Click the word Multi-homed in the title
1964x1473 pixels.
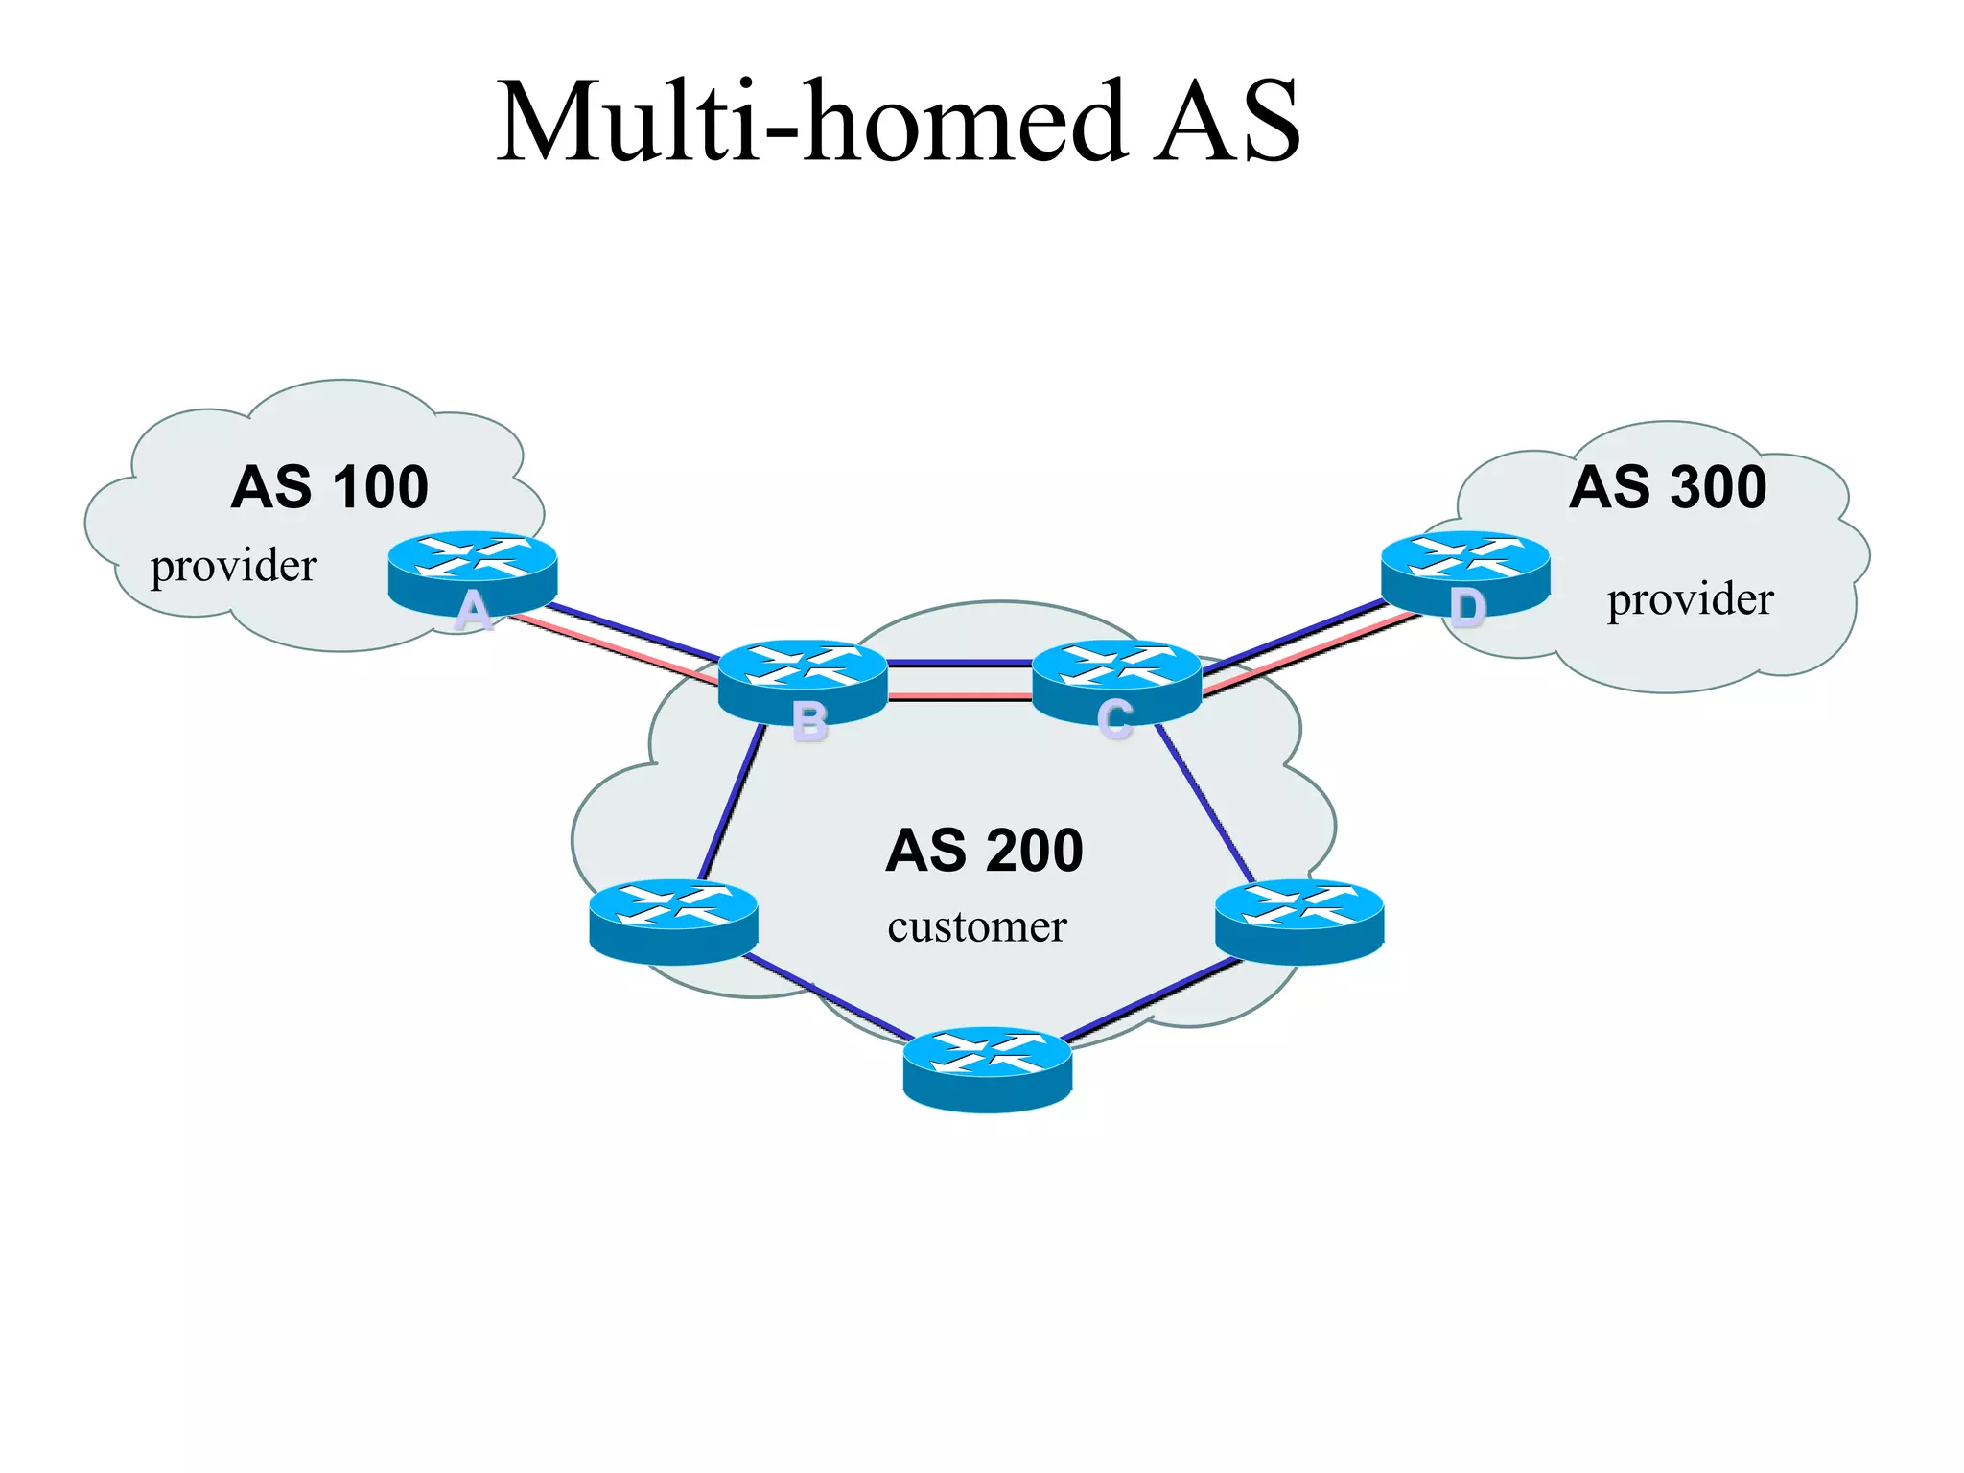pyautogui.click(x=810, y=123)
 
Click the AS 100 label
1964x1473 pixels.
pyautogui.click(x=329, y=487)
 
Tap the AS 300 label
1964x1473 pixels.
pyautogui.click(x=1668, y=487)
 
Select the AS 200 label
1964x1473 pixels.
pyautogui.click(x=984, y=851)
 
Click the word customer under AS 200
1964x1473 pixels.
pyautogui.click(x=976, y=927)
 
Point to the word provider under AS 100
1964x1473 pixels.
pyautogui.click(x=233, y=566)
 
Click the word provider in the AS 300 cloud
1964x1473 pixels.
pyautogui.click(x=1690, y=599)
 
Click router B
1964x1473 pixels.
pyautogui.click(x=803, y=680)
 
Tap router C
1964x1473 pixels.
pyautogui.click(x=1116, y=680)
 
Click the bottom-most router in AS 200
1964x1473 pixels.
pyautogui.click(x=987, y=1068)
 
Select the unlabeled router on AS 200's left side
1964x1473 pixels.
pyautogui.click(x=673, y=921)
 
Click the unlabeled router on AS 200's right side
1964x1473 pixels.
pyautogui.click(x=1298, y=921)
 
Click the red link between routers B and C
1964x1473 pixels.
pyautogui.click(x=959, y=696)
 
